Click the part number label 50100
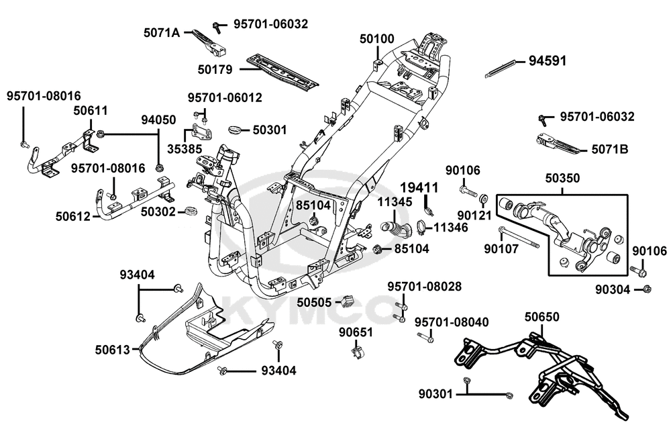coord(377,39)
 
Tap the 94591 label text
coord(548,60)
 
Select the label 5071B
coord(609,149)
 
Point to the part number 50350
coord(562,179)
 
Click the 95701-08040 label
coord(451,323)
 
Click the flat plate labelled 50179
coord(282,70)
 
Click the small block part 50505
coord(348,299)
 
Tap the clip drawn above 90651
coord(358,350)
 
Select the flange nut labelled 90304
coord(647,289)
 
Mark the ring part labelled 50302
coord(191,212)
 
